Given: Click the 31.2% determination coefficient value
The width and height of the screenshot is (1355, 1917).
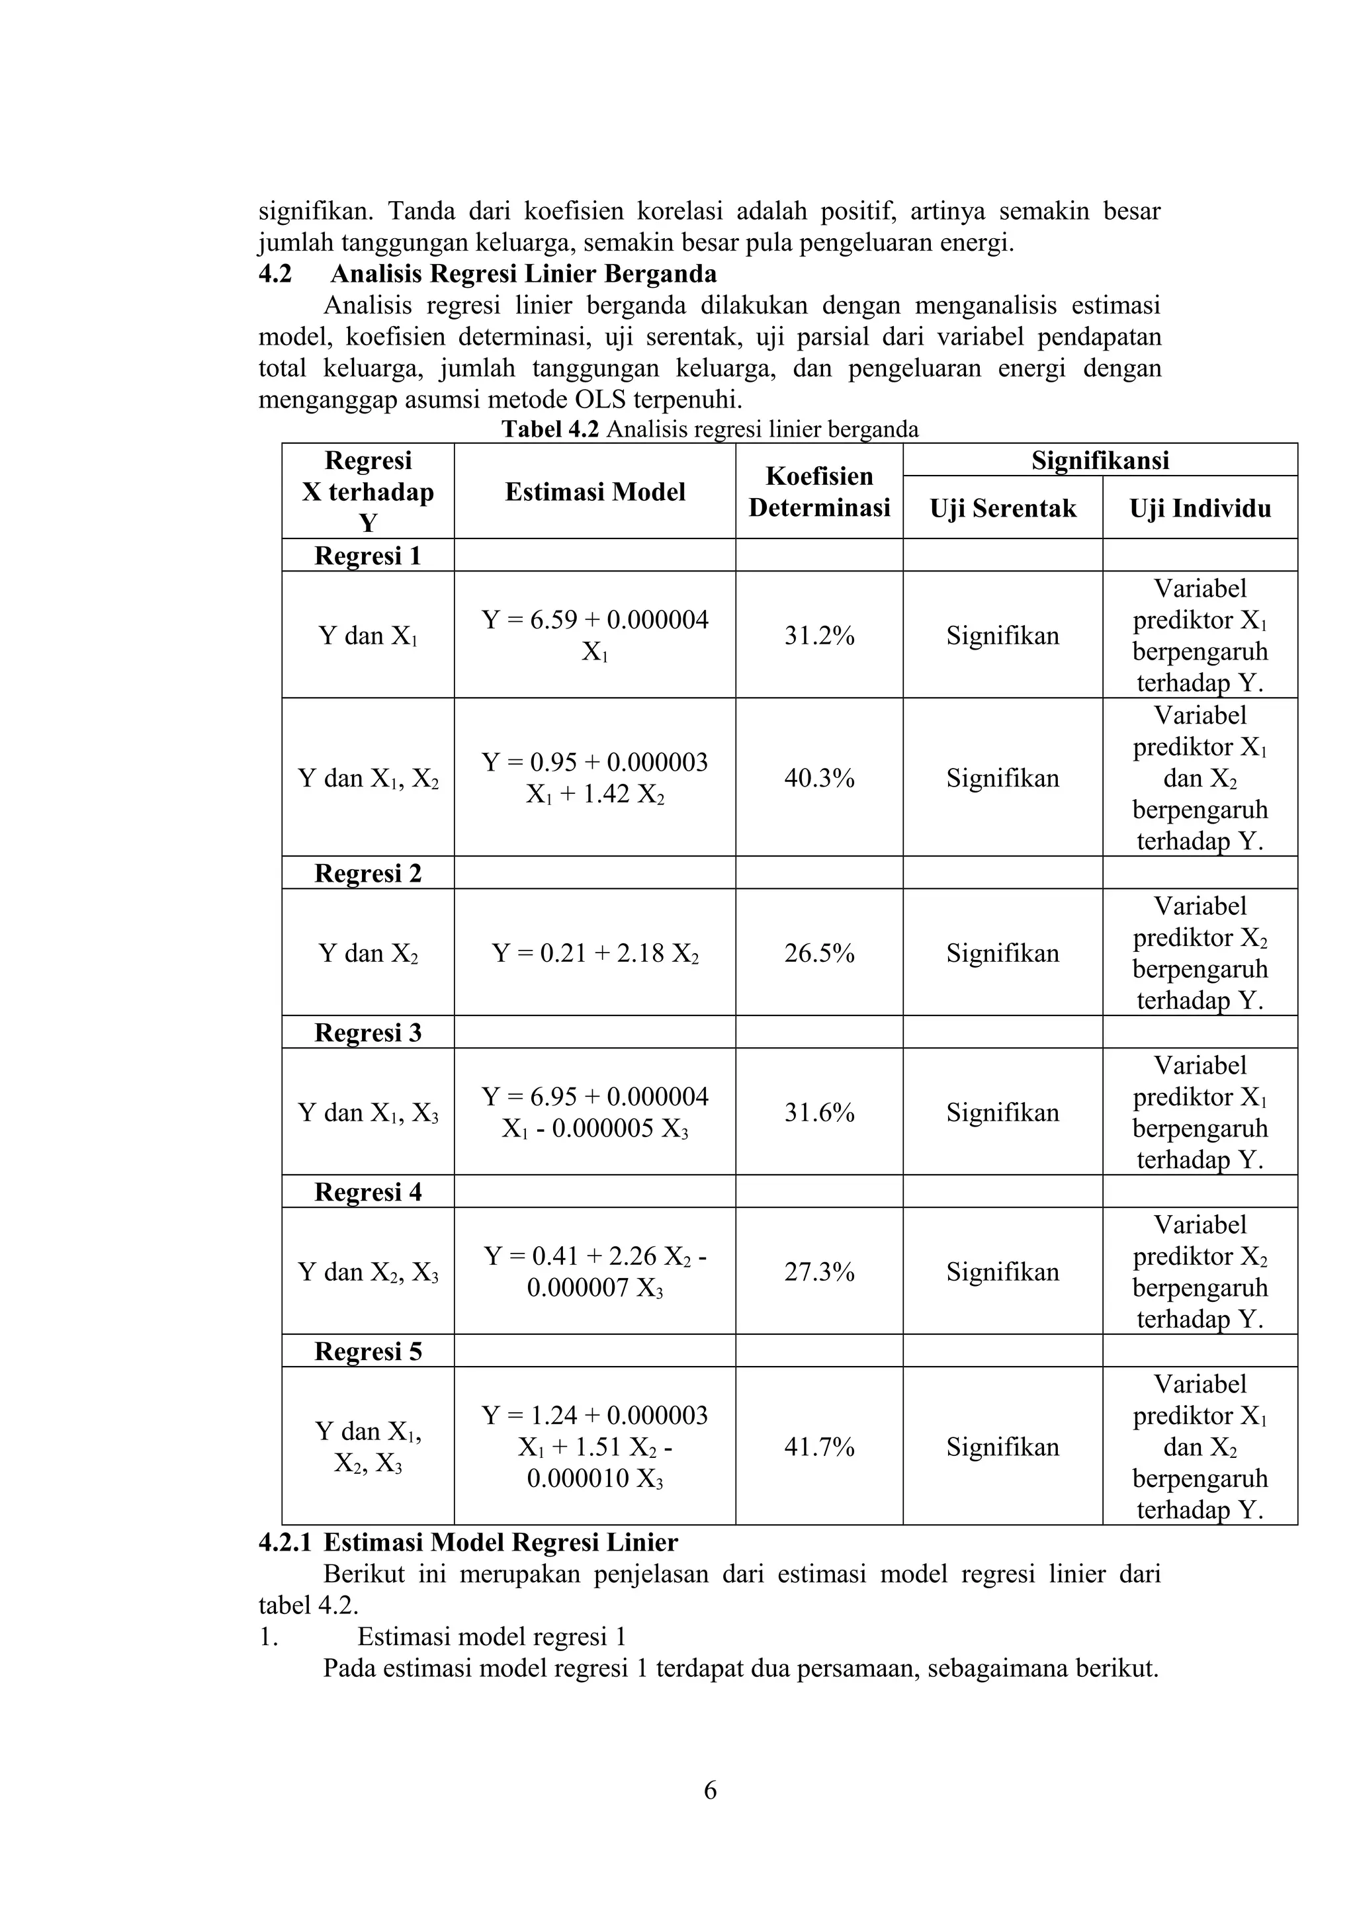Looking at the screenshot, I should [x=818, y=636].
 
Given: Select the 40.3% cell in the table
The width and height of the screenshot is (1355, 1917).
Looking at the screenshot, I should [x=818, y=778].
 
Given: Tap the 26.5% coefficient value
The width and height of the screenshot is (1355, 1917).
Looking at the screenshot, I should [x=818, y=953].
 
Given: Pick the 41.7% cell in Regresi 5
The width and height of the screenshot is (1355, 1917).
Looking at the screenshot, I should [x=818, y=1447].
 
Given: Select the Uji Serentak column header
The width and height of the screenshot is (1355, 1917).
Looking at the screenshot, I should [x=1002, y=509].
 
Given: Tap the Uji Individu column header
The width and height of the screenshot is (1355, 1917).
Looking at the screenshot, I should [x=1200, y=509].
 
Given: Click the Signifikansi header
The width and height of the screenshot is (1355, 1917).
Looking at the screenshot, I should [x=1100, y=460].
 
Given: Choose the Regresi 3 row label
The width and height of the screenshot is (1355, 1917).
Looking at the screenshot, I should [x=368, y=1033].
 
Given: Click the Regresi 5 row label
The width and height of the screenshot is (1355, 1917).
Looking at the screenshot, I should [x=368, y=1351].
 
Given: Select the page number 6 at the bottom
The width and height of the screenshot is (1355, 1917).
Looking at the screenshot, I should [x=710, y=1790].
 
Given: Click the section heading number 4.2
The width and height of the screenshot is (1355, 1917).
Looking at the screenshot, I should [x=275, y=274].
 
